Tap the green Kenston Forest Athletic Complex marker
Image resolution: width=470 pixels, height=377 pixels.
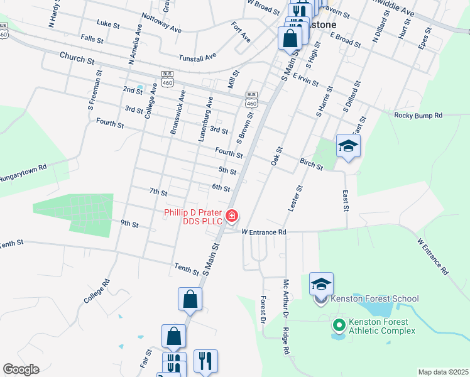pos(339,325)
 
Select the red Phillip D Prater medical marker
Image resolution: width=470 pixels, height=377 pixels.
pos(232,217)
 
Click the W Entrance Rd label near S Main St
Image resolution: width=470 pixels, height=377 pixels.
pos(264,232)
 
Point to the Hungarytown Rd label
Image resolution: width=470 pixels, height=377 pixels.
pos(23,172)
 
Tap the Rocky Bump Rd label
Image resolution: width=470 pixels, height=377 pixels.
pos(418,116)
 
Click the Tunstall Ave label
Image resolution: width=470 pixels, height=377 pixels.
pos(197,56)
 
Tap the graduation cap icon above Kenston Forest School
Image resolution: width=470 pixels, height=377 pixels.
pos(321,285)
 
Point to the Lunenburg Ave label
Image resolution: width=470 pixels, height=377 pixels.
pos(206,118)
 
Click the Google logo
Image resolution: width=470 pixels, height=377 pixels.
pos(21,369)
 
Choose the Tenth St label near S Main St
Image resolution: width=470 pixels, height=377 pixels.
pos(187,270)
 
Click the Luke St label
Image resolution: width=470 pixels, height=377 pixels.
pos(108,24)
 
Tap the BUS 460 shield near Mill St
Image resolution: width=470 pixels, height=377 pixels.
pos(251,99)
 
